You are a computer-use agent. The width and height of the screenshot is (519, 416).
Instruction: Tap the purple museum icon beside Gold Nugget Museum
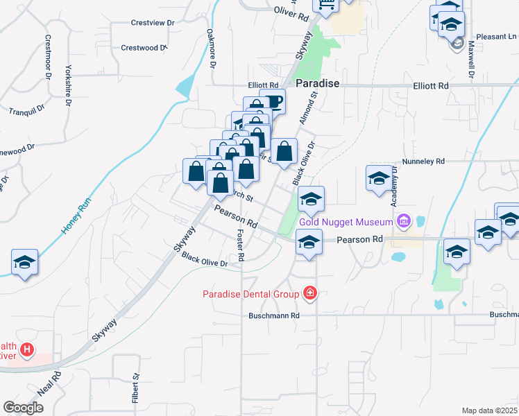click(x=403, y=223)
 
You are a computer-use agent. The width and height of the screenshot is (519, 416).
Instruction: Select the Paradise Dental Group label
click(x=250, y=294)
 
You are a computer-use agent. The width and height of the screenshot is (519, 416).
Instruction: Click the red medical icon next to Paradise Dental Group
click(x=309, y=294)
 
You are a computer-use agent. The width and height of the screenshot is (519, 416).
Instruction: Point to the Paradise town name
click(x=317, y=83)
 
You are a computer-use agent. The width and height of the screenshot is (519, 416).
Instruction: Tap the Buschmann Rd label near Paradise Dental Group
click(x=274, y=315)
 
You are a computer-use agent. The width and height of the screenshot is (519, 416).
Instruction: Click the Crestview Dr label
click(x=153, y=23)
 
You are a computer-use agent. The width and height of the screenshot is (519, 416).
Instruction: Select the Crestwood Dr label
click(x=144, y=48)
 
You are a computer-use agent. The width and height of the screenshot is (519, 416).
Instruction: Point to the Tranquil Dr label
click(x=26, y=110)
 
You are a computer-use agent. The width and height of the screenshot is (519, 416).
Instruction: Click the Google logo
click(x=23, y=407)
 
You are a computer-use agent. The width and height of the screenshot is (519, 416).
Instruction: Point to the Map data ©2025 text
click(x=489, y=410)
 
